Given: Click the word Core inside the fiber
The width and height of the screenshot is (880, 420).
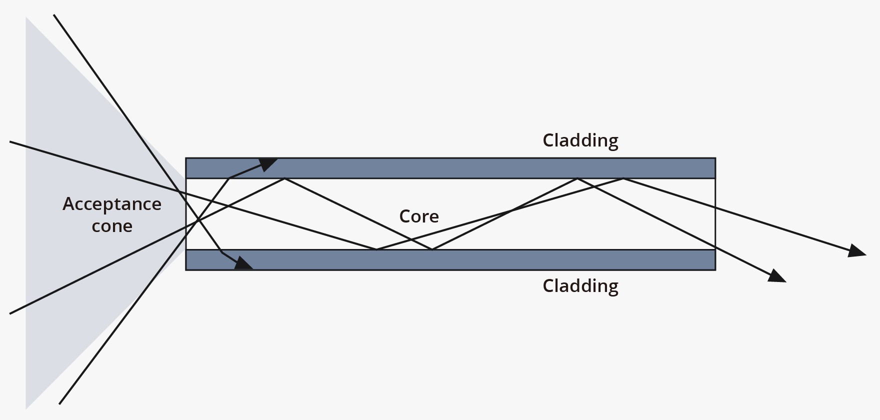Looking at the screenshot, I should pos(419,216).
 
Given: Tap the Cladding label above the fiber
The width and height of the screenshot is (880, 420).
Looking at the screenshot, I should pos(580,140).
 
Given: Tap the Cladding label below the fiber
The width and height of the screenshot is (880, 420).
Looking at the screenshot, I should pos(580,286).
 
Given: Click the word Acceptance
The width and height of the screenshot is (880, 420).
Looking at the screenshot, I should pos(112,204).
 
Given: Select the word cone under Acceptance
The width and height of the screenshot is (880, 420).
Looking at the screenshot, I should pos(112,226).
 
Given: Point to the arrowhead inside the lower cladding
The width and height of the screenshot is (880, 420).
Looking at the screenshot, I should pos(244,263).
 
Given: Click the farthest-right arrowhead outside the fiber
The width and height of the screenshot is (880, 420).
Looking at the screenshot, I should pos(858,251).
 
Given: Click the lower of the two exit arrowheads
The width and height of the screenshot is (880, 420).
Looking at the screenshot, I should pos(777,276).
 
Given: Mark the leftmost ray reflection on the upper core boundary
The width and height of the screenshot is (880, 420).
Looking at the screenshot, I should pos(284,178).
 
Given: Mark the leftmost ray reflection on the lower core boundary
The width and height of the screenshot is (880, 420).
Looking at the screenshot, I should pos(376,249).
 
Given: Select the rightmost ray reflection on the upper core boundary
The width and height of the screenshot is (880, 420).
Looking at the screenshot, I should pos(623,178).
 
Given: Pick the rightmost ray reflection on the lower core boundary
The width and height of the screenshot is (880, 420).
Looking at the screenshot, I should pos(432,249).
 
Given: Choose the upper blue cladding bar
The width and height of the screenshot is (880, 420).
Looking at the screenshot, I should pos(450,168).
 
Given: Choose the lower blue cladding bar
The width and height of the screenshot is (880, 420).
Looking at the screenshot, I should pos(450,260).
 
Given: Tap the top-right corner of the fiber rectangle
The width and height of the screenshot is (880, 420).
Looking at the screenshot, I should pos(715,158).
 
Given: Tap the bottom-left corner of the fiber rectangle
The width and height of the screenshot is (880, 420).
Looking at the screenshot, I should pos(186,270).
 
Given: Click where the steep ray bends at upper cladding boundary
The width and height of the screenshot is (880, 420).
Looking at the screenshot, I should pos(228,178).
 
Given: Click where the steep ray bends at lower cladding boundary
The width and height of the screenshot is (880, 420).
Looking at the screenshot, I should pos(221,252).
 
